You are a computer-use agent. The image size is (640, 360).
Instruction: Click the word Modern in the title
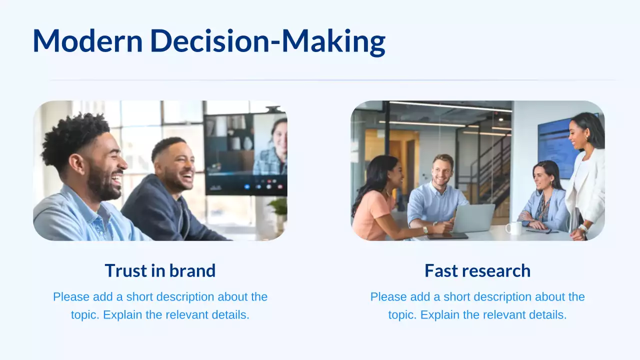87,40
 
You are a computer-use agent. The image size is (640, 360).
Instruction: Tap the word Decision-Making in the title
268,42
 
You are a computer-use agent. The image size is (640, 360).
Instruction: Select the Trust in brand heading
160,270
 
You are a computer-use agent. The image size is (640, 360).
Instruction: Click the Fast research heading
477,270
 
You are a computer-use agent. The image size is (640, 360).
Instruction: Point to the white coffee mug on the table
513,228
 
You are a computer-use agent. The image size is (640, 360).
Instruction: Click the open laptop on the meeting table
473,218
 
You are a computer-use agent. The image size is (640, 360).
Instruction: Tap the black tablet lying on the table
447,236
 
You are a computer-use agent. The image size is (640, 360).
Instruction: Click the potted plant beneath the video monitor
279,213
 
